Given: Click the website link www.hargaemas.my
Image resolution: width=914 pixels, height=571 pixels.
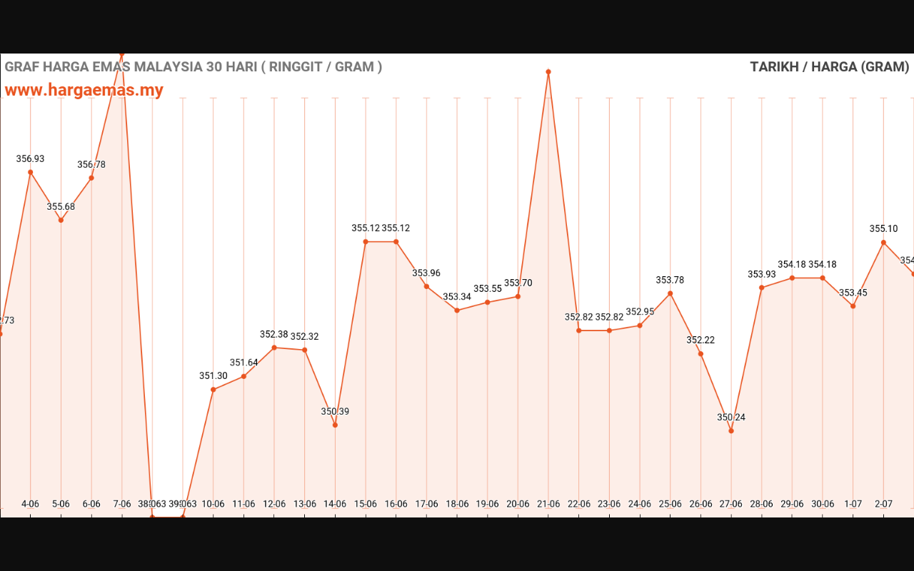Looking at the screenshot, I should pos(84,90).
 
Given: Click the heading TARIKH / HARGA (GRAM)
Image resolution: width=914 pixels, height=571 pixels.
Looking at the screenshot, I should pos(829,67).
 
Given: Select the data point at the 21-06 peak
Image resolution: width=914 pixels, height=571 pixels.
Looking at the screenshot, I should pos(548,72).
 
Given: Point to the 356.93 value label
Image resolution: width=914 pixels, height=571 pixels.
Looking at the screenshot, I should pos(30,159).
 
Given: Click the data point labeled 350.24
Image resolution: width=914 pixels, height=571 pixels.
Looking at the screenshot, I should pos(731,430).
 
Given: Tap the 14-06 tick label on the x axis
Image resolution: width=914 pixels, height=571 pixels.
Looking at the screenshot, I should pos(335,504).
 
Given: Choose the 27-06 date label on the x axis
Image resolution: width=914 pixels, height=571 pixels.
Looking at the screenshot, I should pos(731,504).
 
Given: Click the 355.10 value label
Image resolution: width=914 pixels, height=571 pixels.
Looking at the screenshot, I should pos(883,229).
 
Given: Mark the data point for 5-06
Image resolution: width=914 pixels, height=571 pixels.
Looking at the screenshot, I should pos(61,220).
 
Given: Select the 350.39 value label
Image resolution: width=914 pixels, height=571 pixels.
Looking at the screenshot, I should pos(335,412).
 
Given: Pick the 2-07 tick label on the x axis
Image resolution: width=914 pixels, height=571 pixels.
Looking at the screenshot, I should pos(883,504).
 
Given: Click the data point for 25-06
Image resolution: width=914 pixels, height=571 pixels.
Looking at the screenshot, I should pos(670,293).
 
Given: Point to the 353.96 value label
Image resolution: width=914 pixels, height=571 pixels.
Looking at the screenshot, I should pos(426,273).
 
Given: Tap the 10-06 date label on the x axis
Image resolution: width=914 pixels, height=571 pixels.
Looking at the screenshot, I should pos(213,504).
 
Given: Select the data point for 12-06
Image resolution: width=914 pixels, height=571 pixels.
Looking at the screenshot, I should pos(274,348).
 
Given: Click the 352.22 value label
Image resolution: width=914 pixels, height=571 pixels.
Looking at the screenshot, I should pos(700,340).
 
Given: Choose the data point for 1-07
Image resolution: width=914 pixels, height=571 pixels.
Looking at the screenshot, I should pos(853,306).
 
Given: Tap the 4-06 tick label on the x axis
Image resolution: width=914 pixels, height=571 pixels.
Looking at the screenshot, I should pos(30,504).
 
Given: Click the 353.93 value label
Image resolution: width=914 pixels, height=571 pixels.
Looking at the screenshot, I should pos(761,275).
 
